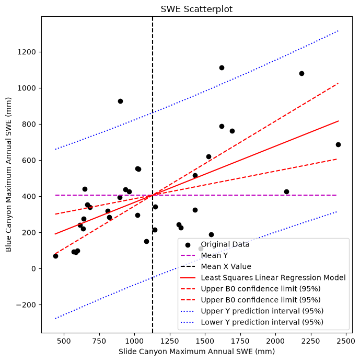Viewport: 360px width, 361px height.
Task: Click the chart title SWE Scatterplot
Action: pyautogui.click(x=196, y=9)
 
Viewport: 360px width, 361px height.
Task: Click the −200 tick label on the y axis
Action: pyautogui.click(x=26, y=305)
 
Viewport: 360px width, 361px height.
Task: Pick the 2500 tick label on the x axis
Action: pyautogui.click(x=346, y=341)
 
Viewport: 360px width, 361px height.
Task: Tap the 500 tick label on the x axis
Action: pyautogui.click(x=64, y=341)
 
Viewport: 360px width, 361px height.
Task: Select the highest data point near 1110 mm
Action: pyautogui.click(x=222, y=67)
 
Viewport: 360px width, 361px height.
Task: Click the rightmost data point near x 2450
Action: pyautogui.click(x=338, y=144)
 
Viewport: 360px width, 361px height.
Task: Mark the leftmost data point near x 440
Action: pyautogui.click(x=55, y=256)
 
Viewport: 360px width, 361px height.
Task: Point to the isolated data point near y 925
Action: pyautogui.click(x=120, y=101)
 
